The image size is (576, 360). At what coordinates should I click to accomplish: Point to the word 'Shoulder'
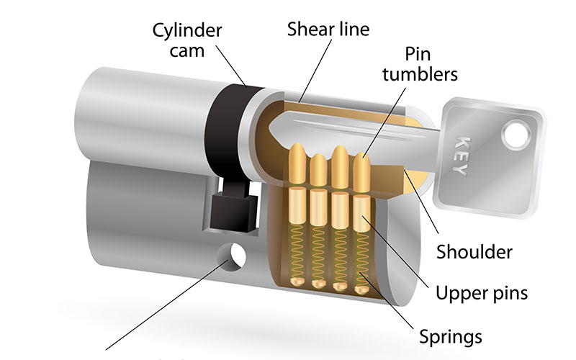[475, 252]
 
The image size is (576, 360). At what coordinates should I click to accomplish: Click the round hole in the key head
[515, 132]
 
